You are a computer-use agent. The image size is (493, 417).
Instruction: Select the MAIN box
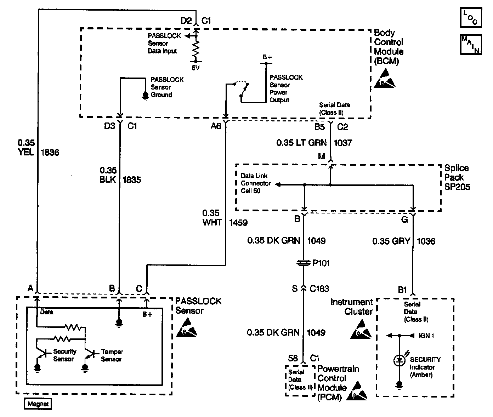(471, 44)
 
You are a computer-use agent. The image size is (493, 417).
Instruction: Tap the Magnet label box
(38, 404)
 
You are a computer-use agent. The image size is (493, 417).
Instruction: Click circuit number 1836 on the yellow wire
(50, 153)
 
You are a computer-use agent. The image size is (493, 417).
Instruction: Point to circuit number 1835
(131, 180)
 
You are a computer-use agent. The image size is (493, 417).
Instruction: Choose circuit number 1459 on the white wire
(238, 223)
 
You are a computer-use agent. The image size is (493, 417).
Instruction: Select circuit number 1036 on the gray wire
(426, 241)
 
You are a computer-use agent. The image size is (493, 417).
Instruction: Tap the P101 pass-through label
(321, 263)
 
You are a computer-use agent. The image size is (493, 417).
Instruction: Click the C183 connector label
(319, 289)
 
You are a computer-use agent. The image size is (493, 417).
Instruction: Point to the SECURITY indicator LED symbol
(399, 361)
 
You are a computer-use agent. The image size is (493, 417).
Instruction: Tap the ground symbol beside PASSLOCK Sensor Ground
(145, 95)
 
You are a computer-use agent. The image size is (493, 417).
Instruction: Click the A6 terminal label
(216, 126)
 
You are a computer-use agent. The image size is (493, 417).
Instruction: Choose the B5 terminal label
(319, 126)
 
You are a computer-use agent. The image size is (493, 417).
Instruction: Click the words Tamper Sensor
(112, 355)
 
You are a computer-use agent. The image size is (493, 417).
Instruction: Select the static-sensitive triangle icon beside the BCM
(385, 79)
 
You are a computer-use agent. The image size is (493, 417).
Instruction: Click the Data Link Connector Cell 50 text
(256, 183)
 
